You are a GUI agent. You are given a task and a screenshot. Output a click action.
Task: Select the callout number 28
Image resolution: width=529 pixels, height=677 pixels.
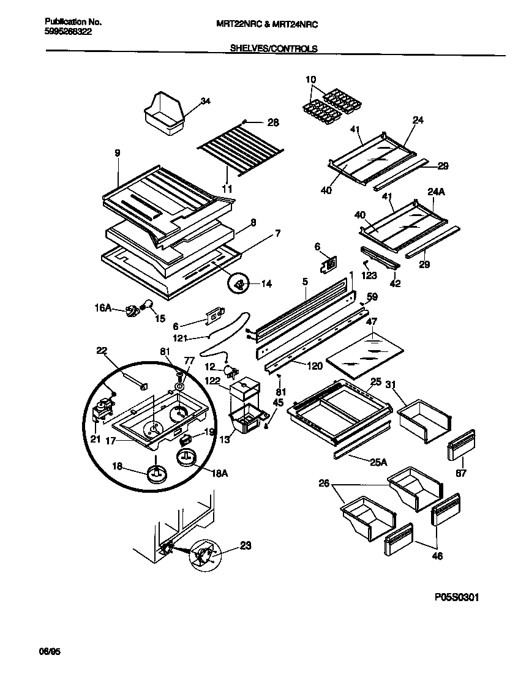[273, 122]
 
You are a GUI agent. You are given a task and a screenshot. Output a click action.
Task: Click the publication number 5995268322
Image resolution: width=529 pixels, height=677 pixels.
[69, 33]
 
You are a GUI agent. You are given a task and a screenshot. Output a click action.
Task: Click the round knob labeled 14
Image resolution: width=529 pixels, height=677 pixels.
[239, 283]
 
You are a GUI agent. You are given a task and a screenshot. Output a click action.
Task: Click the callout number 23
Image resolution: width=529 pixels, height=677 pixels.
[245, 546]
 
